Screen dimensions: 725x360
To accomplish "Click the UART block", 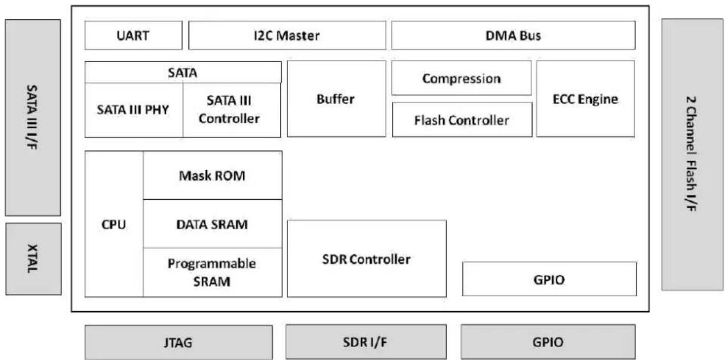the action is [133, 35].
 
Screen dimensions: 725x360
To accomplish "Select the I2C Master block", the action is [287, 35].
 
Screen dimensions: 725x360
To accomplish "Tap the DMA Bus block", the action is [513, 35].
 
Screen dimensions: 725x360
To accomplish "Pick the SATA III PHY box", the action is [133, 110].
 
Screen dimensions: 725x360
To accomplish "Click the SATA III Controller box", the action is [232, 110].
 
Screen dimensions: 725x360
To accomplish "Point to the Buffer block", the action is [337, 99].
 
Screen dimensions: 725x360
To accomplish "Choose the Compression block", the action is [461, 78].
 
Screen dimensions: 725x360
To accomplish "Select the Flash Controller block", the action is [462, 120].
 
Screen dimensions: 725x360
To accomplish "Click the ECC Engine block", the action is [585, 99].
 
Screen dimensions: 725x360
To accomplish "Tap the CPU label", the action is [114, 224].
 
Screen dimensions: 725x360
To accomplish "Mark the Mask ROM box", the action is [213, 175].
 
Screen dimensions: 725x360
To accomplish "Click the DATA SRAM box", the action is [213, 224].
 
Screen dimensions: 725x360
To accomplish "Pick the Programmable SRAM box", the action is [213, 273].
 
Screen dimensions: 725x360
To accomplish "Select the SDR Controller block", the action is [367, 258].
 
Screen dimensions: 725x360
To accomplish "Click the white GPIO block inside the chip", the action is [549, 279].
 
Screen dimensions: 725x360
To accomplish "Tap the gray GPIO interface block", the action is [548, 342].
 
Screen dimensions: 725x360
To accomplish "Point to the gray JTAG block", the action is [179, 342].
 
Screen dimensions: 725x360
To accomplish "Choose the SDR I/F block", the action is [366, 342].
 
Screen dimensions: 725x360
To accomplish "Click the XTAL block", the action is [33, 259].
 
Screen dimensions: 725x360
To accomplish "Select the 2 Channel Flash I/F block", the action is [692, 155].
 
